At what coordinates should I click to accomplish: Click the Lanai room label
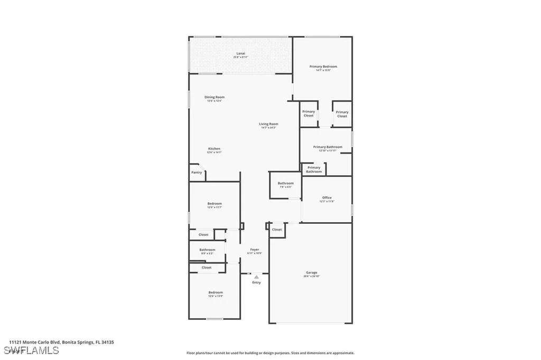click(240, 53)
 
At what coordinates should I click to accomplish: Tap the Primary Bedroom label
click(323, 67)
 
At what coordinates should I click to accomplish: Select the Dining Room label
click(214, 97)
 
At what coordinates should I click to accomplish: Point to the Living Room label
click(268, 124)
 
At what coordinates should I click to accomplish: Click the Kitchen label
click(214, 149)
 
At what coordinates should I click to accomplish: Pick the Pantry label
click(197, 172)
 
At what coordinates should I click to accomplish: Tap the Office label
click(327, 198)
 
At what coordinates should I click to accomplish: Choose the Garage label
click(311, 273)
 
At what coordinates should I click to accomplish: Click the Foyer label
click(255, 249)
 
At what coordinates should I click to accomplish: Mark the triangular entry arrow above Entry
click(256, 277)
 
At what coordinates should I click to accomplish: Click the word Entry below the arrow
click(256, 282)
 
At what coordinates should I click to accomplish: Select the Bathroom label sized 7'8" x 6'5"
click(285, 183)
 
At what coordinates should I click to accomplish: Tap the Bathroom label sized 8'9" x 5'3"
click(207, 250)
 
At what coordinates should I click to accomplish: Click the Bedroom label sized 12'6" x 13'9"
click(215, 292)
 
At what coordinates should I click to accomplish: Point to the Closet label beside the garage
click(277, 230)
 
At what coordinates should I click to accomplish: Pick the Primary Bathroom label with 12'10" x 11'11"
click(328, 147)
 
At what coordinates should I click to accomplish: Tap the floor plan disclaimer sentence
click(270, 353)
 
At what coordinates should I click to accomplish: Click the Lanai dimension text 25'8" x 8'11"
click(240, 57)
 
